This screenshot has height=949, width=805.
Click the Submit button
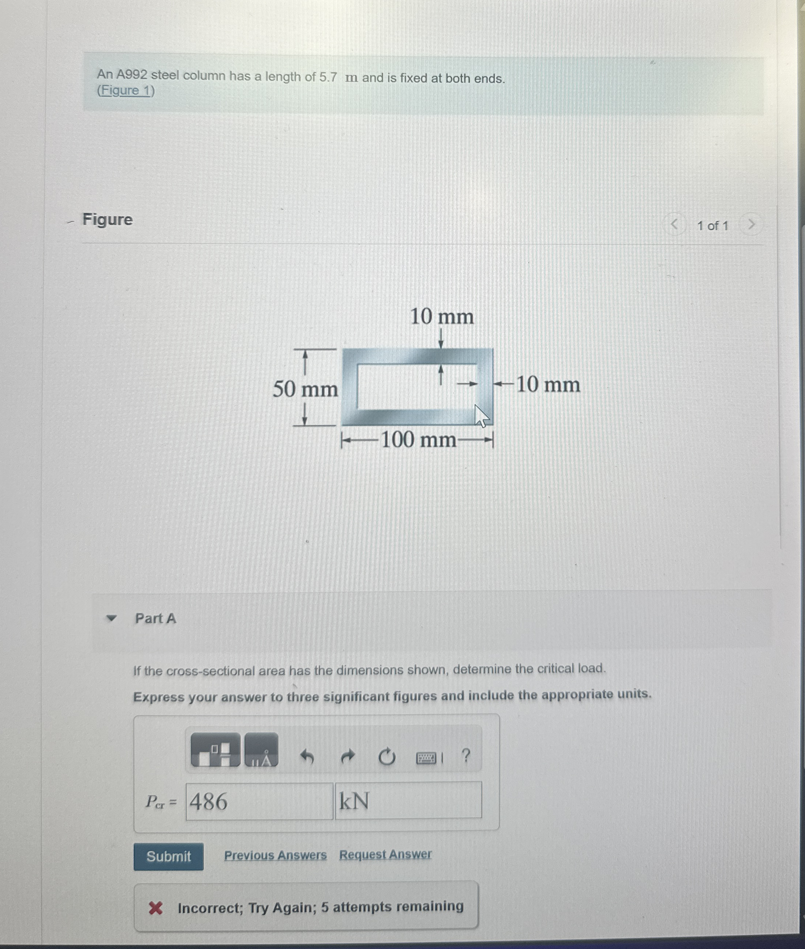pos(168,856)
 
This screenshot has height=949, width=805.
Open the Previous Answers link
pos(275,855)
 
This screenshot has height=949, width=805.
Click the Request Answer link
pos(385,854)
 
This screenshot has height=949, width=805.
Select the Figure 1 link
pos(126,90)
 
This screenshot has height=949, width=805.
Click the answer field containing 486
pos(259,801)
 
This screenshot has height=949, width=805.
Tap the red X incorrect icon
pos(155,908)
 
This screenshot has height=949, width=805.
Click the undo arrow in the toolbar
pos(307,757)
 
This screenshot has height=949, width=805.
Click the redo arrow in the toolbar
pos(348,757)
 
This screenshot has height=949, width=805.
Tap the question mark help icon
pos(466,756)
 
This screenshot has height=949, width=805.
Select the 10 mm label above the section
pos(442,317)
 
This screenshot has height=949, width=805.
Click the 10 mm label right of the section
pos(548,385)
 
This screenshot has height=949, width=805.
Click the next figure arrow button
pos(751,225)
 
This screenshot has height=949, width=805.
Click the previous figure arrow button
pos(674,225)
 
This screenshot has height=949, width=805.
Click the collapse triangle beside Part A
pos(111,619)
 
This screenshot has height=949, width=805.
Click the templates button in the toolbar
pos(215,750)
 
